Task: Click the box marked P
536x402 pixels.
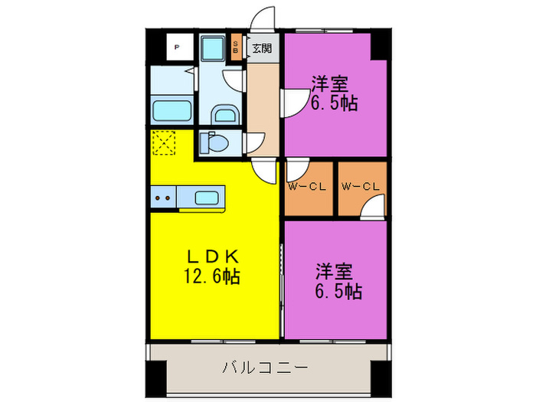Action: (x=177, y=47)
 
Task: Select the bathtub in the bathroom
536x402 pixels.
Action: (x=172, y=109)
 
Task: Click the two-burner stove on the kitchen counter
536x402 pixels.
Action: (x=163, y=198)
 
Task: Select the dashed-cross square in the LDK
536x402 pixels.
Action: (x=163, y=143)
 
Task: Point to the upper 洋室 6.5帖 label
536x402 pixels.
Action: (x=334, y=93)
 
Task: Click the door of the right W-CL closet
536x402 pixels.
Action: (x=374, y=208)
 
